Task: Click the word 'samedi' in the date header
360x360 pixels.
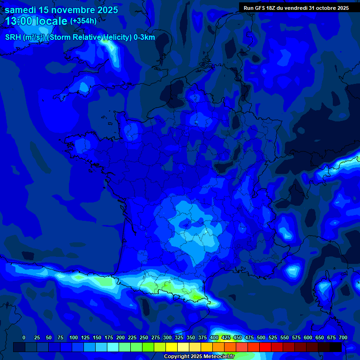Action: click(21, 10)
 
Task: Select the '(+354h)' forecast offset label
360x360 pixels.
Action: click(83, 21)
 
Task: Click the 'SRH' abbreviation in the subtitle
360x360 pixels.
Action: click(13, 37)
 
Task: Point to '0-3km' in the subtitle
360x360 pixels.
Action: click(144, 37)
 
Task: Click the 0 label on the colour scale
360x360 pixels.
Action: click(24, 337)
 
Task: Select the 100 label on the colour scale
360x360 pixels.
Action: click(74, 337)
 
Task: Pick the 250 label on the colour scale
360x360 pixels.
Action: click(144, 337)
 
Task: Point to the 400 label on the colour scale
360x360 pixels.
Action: click(214, 337)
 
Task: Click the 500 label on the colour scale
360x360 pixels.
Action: click(261, 337)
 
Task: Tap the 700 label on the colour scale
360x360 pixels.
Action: click(343, 337)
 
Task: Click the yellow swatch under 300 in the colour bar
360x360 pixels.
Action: click(172, 347)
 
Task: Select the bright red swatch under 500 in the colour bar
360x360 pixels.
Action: click(265, 347)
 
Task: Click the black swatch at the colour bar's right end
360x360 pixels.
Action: click(336, 347)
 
